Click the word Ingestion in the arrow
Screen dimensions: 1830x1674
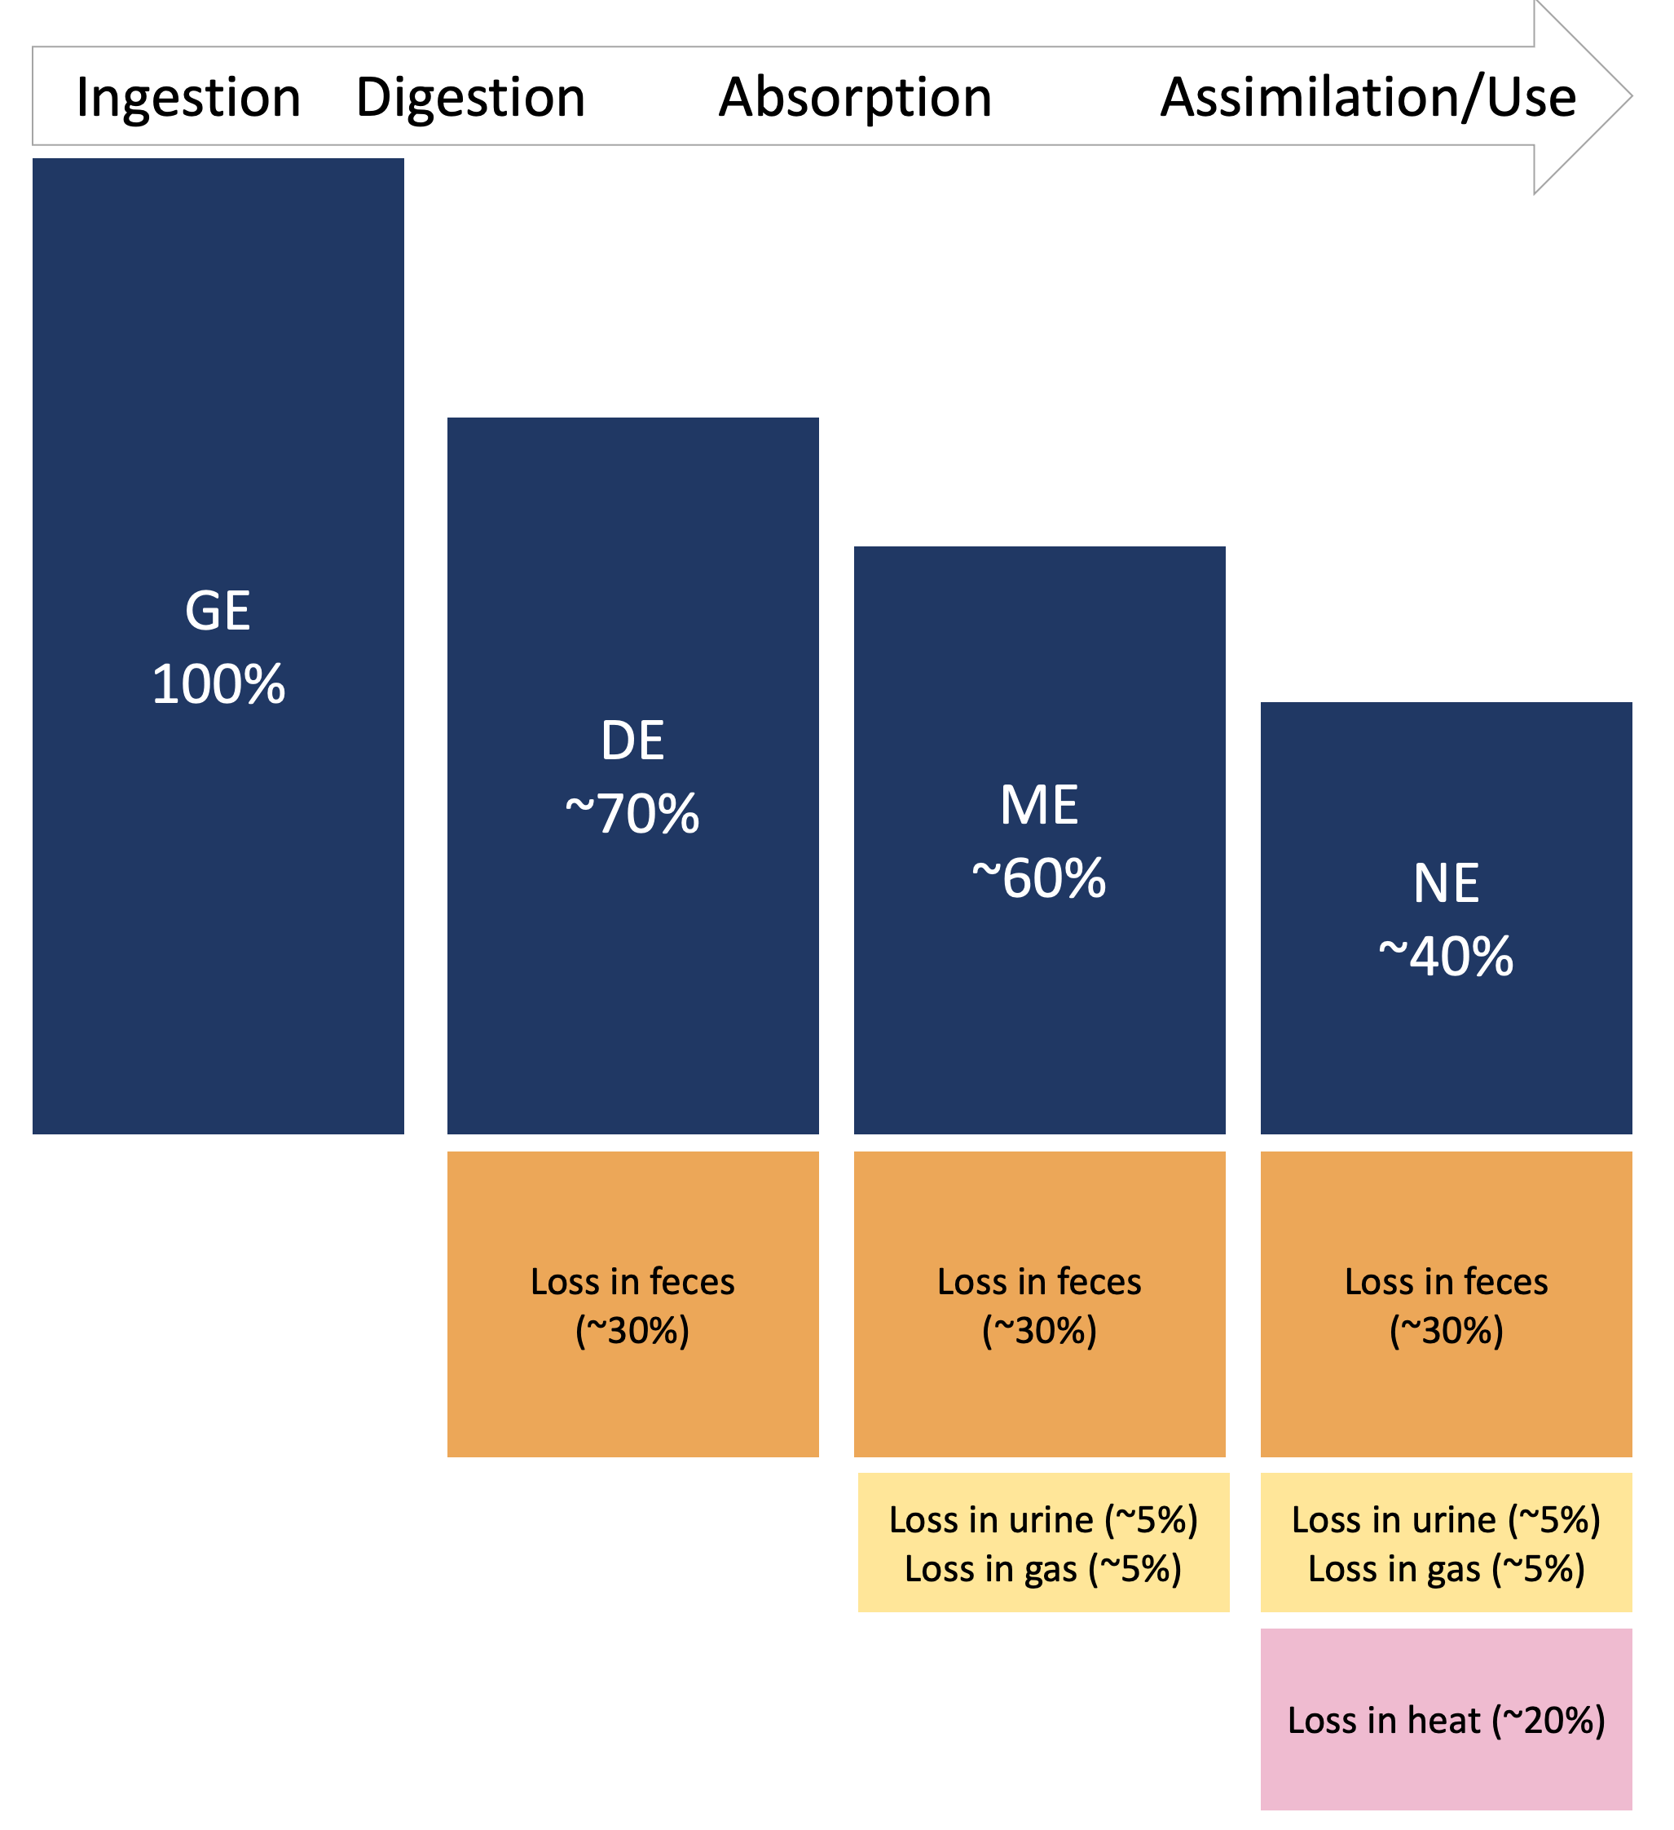tap(189, 97)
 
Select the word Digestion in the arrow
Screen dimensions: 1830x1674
tap(470, 97)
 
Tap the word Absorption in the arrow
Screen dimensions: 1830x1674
tap(855, 97)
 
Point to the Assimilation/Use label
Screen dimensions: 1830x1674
tap(1368, 97)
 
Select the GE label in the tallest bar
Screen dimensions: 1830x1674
tap(218, 611)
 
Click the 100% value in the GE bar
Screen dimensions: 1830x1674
tap(218, 684)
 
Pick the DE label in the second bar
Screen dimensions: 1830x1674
tap(632, 740)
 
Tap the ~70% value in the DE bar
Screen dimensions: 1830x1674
tap(632, 814)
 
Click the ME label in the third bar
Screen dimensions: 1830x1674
tap(1039, 805)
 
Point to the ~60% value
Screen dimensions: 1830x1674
tap(1039, 878)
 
